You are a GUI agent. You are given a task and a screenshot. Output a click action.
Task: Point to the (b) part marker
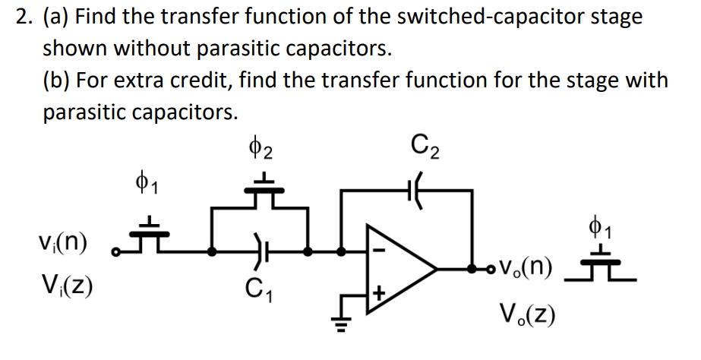[58, 80]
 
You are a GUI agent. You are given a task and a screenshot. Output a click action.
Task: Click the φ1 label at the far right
[598, 227]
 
